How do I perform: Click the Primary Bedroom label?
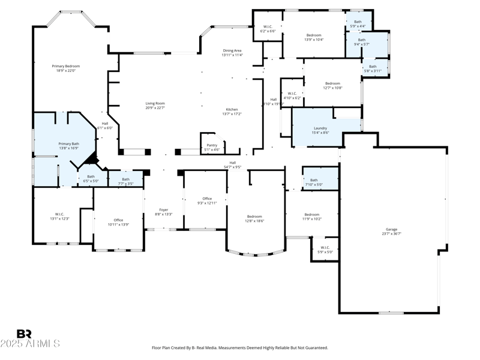tap(65, 66)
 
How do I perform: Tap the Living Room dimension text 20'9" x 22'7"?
tap(155, 108)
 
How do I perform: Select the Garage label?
tap(391, 229)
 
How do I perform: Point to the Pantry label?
tap(212, 145)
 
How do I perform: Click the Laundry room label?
tap(320, 128)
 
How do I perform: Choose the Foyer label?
tap(164, 209)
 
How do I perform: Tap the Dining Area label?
tap(232, 50)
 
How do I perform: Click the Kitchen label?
tap(232, 109)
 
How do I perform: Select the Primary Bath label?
tap(68, 143)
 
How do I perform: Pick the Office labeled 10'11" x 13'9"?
tap(118, 220)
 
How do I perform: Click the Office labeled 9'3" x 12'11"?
tap(207, 199)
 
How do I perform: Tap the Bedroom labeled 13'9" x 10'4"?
tap(314, 35)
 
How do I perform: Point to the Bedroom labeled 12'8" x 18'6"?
tap(254, 216)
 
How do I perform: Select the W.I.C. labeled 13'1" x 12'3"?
tap(59, 214)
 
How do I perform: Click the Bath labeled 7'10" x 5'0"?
tap(314, 180)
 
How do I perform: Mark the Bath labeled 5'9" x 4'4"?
tap(358, 22)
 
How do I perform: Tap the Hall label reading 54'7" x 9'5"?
tap(232, 163)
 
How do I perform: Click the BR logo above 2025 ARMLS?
tap(24, 334)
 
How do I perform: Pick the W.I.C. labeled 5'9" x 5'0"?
tap(325, 247)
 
